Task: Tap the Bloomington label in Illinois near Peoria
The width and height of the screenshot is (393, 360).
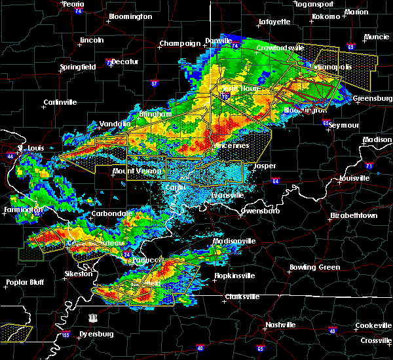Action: point(130,16)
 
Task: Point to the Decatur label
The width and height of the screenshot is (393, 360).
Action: point(124,62)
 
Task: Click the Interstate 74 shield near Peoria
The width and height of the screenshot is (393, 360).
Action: point(79,12)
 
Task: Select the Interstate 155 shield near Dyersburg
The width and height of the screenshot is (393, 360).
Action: point(67,334)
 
